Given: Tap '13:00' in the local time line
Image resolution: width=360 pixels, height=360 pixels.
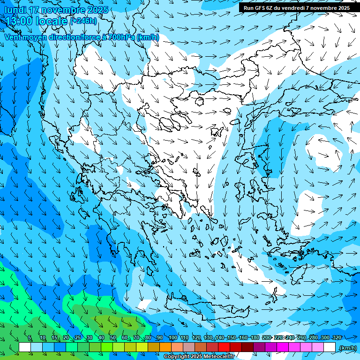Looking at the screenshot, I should tap(17, 21).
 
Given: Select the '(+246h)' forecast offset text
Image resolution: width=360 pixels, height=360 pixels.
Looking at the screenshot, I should tap(83, 21).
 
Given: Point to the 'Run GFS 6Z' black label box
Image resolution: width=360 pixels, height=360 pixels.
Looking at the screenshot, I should tap(297, 7).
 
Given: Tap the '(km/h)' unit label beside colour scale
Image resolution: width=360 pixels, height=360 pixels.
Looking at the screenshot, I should tap(347, 348).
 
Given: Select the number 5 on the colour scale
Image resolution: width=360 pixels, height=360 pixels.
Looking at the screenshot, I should tap(30, 338).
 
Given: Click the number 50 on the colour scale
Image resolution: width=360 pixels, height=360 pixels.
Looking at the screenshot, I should tap(113, 338).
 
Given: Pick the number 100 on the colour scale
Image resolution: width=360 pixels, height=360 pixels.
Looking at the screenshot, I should tap(173, 338).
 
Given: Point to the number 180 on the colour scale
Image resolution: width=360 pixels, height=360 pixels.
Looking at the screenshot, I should tap(255, 338).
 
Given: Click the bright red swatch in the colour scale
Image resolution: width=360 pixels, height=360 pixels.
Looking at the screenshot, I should tap(224, 347).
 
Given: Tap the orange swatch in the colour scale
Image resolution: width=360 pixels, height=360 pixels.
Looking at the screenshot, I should tap(165, 347).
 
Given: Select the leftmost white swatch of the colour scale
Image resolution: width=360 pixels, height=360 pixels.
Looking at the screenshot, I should tap(25, 347).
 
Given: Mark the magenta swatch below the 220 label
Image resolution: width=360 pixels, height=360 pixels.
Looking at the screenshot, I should tap(283, 347).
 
